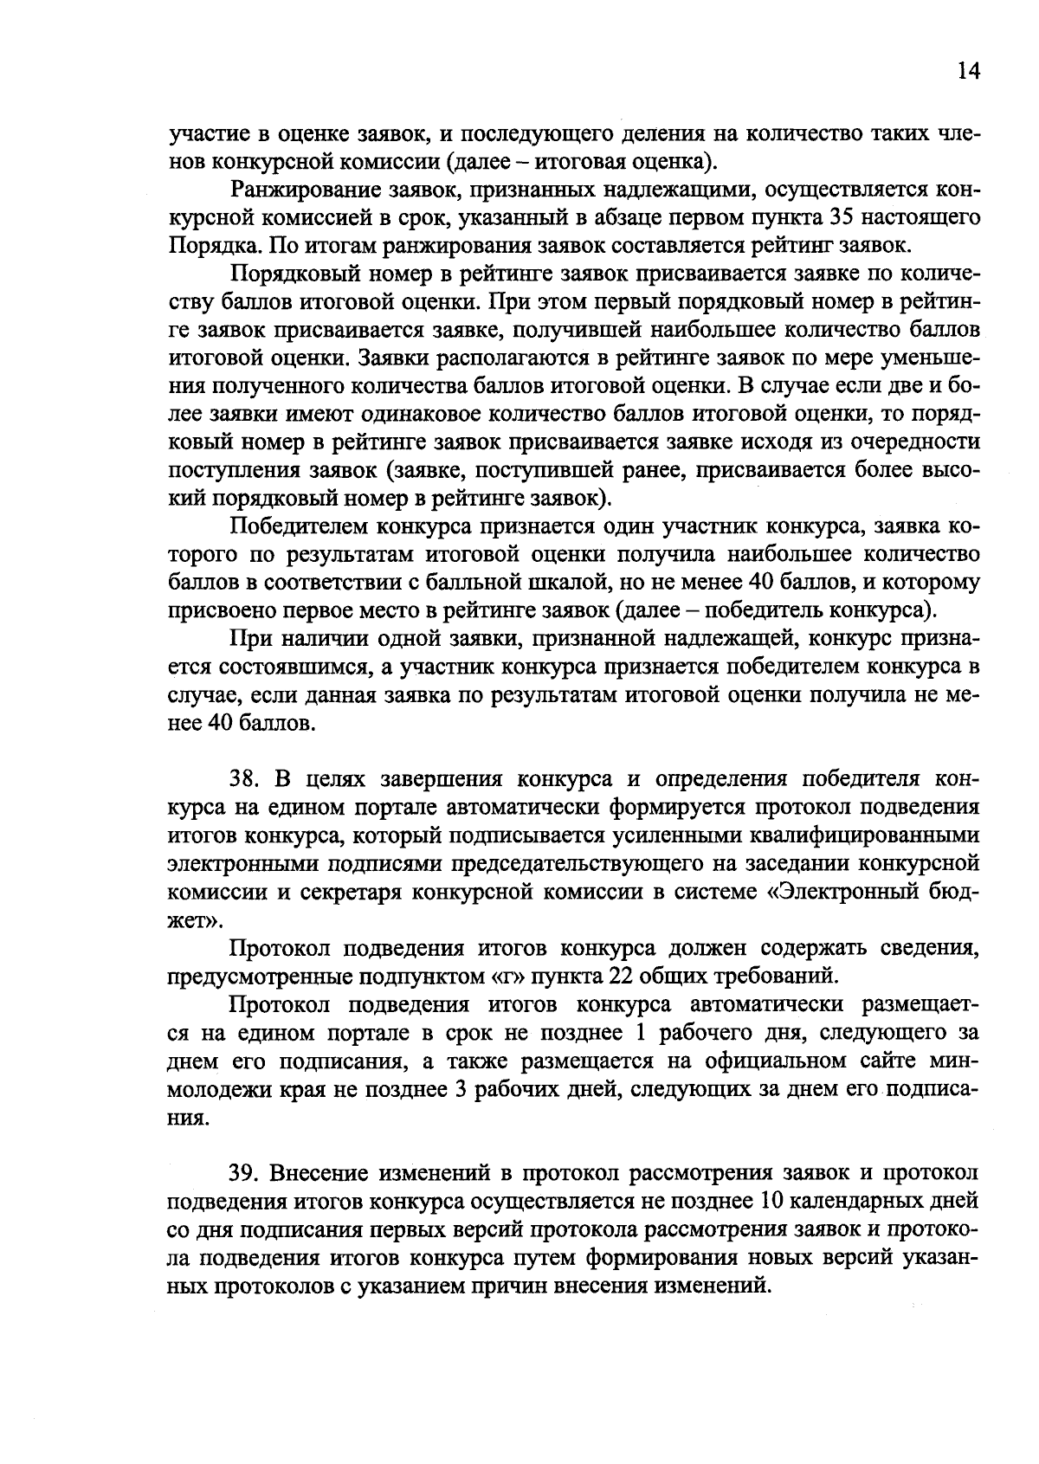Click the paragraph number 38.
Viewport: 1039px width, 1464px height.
click(x=245, y=778)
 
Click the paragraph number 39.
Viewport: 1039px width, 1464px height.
click(x=245, y=1172)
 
